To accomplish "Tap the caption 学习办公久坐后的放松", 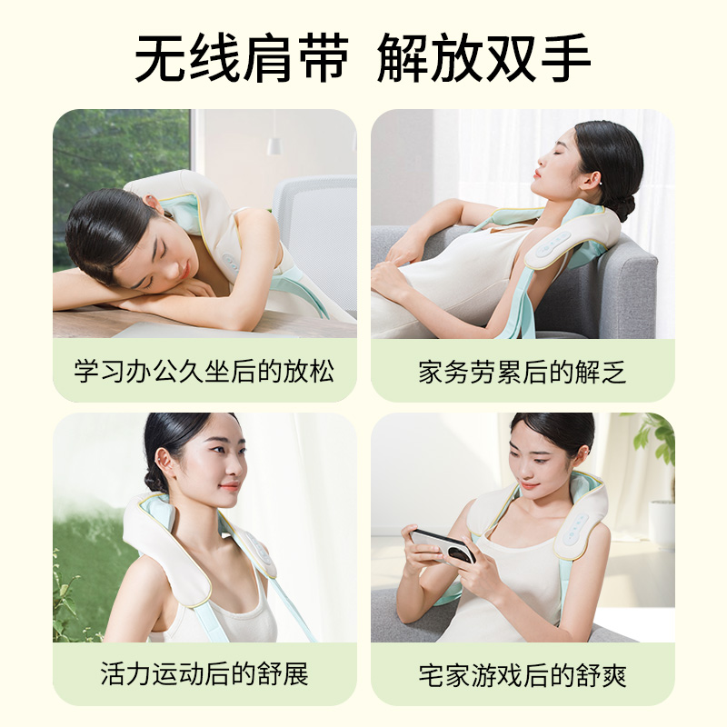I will pos(204,371).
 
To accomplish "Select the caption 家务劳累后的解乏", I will pos(523,371).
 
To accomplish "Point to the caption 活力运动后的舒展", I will pos(204,673).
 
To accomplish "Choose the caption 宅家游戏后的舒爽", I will pos(523,675).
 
